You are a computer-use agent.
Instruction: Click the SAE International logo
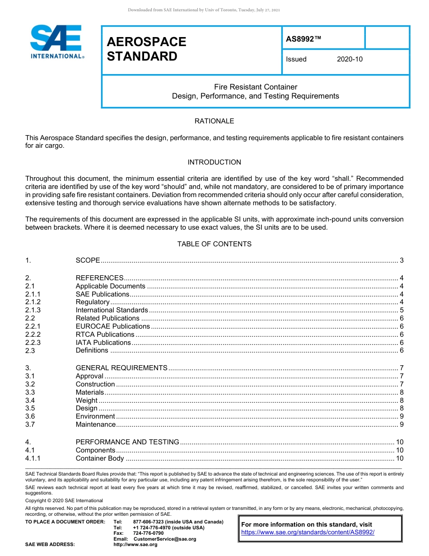point(56,42)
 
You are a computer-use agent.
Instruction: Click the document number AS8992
point(303,39)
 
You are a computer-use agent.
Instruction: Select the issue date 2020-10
point(350,59)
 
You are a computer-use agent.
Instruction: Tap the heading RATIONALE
point(214,121)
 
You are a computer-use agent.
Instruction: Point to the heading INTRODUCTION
point(214,162)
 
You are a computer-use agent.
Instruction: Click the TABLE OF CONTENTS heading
point(214,244)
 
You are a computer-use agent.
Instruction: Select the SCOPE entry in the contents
point(88,260)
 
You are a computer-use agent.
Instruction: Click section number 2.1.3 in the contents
point(33,310)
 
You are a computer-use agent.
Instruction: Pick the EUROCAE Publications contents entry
point(112,326)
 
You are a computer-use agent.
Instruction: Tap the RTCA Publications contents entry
point(105,335)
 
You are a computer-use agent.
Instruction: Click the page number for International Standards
point(401,310)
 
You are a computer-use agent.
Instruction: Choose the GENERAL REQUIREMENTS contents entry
point(121,368)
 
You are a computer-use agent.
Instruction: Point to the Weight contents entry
point(86,401)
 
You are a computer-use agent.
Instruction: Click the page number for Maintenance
point(401,424)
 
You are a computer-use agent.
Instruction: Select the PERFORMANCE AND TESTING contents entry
point(127,442)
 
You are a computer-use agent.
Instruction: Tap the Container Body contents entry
point(100,458)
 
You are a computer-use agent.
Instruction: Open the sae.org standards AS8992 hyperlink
point(308,532)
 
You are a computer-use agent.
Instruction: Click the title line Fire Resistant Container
point(255,87)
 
